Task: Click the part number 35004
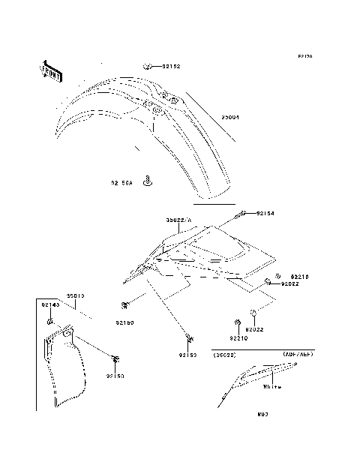coord(230,117)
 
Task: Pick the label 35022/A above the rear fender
coord(179,220)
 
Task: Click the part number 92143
coord(50,305)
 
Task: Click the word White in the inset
coord(272,387)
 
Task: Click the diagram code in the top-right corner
coord(304,56)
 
